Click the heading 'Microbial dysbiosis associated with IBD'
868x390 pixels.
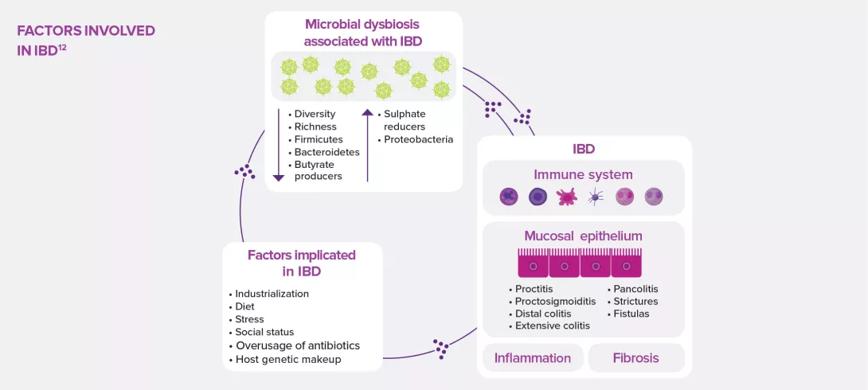pyautogui.click(x=363, y=33)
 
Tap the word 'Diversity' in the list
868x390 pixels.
pyautogui.click(x=315, y=114)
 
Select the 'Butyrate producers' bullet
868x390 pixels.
pyautogui.click(x=318, y=170)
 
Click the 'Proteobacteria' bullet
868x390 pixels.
pyautogui.click(x=418, y=139)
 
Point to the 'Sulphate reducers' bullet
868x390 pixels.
pyautogui.click(x=405, y=120)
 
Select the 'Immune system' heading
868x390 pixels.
pyautogui.click(x=583, y=174)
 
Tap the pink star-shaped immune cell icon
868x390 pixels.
pyautogui.click(x=566, y=197)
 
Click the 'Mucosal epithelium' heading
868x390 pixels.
pyautogui.click(x=583, y=236)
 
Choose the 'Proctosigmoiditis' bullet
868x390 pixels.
pyautogui.click(x=555, y=301)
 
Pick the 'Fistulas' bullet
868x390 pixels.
pyautogui.click(x=631, y=314)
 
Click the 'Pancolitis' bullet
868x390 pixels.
pyautogui.click(x=635, y=288)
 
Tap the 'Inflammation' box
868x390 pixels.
pyautogui.click(x=532, y=358)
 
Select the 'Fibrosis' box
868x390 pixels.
pyautogui.click(x=635, y=358)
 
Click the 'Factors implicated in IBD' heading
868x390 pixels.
pyautogui.click(x=301, y=263)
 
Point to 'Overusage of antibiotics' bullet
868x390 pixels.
pyautogui.click(x=297, y=345)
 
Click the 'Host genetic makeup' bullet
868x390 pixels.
pyautogui.click(x=287, y=359)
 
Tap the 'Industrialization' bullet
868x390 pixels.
pyautogui.click(x=272, y=294)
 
